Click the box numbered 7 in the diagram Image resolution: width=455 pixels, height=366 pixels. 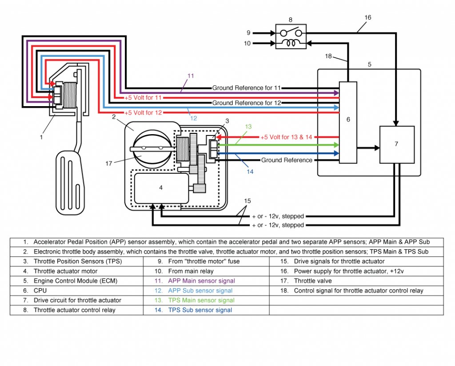[397, 144]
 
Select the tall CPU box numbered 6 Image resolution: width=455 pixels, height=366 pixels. [348, 123]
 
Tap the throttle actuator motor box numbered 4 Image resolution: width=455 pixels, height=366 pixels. [161, 188]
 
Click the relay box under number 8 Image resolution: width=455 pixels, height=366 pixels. [291, 36]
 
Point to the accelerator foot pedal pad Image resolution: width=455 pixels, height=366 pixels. [70, 183]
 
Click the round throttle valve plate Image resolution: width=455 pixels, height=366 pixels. [152, 148]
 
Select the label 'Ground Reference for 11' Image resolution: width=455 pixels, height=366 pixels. [246, 88]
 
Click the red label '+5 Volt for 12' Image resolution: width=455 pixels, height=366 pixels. [143, 112]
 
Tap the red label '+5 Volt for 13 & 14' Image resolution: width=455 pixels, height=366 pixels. [286, 137]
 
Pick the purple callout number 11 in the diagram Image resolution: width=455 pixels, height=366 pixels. [191, 76]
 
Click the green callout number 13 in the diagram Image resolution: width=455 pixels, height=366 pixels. [248, 127]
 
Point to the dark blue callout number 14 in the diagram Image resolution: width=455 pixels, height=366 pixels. [250, 172]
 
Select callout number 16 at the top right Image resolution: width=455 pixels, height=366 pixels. [367, 17]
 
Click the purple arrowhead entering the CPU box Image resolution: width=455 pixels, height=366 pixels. [336, 93]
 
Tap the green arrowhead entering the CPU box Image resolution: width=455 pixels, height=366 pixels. [336, 145]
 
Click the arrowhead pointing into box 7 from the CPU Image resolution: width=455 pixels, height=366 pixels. [377, 148]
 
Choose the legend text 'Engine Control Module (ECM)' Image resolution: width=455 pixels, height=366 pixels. [76, 281]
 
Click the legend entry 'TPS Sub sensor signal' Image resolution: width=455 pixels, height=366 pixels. [200, 310]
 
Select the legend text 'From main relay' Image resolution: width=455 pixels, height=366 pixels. [191, 271]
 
